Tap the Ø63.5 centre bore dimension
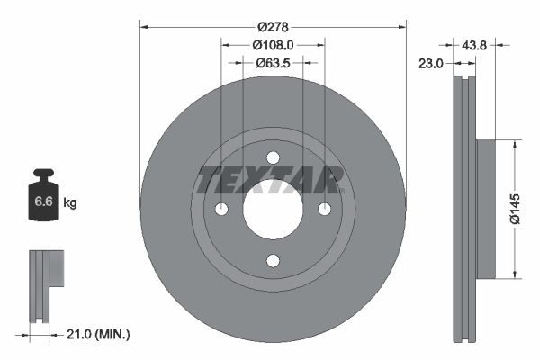273,63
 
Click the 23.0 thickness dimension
431,63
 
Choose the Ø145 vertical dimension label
512,209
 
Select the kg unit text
70,203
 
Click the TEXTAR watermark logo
270,180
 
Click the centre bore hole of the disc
273,209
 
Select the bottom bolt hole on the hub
273,261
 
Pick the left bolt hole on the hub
221,209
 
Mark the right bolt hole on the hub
325,209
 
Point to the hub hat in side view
485,209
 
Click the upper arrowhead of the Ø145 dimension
513,144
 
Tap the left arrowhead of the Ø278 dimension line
145,28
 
